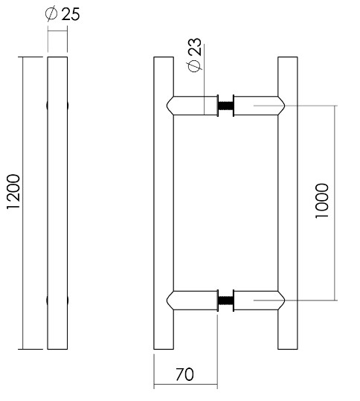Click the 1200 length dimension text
click(13, 203)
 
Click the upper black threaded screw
click(225, 106)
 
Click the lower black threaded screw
click(225, 301)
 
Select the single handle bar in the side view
click(59, 202)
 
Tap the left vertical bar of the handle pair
click(163, 202)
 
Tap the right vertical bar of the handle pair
click(287, 202)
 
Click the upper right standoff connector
click(260, 105)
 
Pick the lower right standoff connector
click(260, 301)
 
